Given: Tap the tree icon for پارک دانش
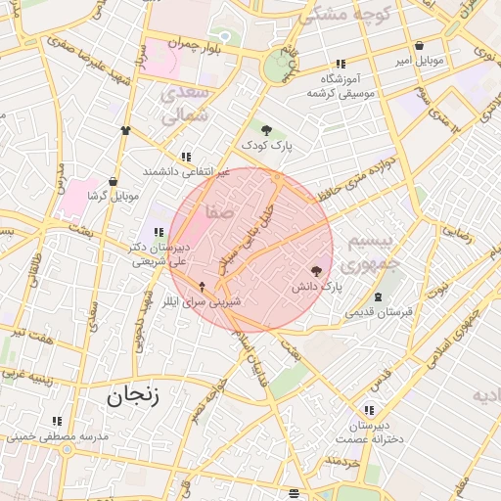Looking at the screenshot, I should pyautogui.click(x=316, y=272).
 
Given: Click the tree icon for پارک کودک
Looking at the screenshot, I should pyautogui.click(x=266, y=129).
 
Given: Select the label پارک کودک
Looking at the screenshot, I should pyautogui.click(x=269, y=147).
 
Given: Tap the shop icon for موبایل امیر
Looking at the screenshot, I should pyautogui.click(x=420, y=45).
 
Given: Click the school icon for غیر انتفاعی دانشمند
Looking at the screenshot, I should pyautogui.click(x=186, y=157).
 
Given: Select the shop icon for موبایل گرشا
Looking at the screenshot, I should pyautogui.click(x=114, y=181).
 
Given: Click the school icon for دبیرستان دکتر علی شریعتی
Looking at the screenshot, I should pyautogui.click(x=159, y=232).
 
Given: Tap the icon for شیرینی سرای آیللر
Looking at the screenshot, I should pyautogui.click(x=203, y=287).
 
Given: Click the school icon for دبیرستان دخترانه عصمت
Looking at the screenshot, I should pyautogui.click(x=369, y=411).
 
